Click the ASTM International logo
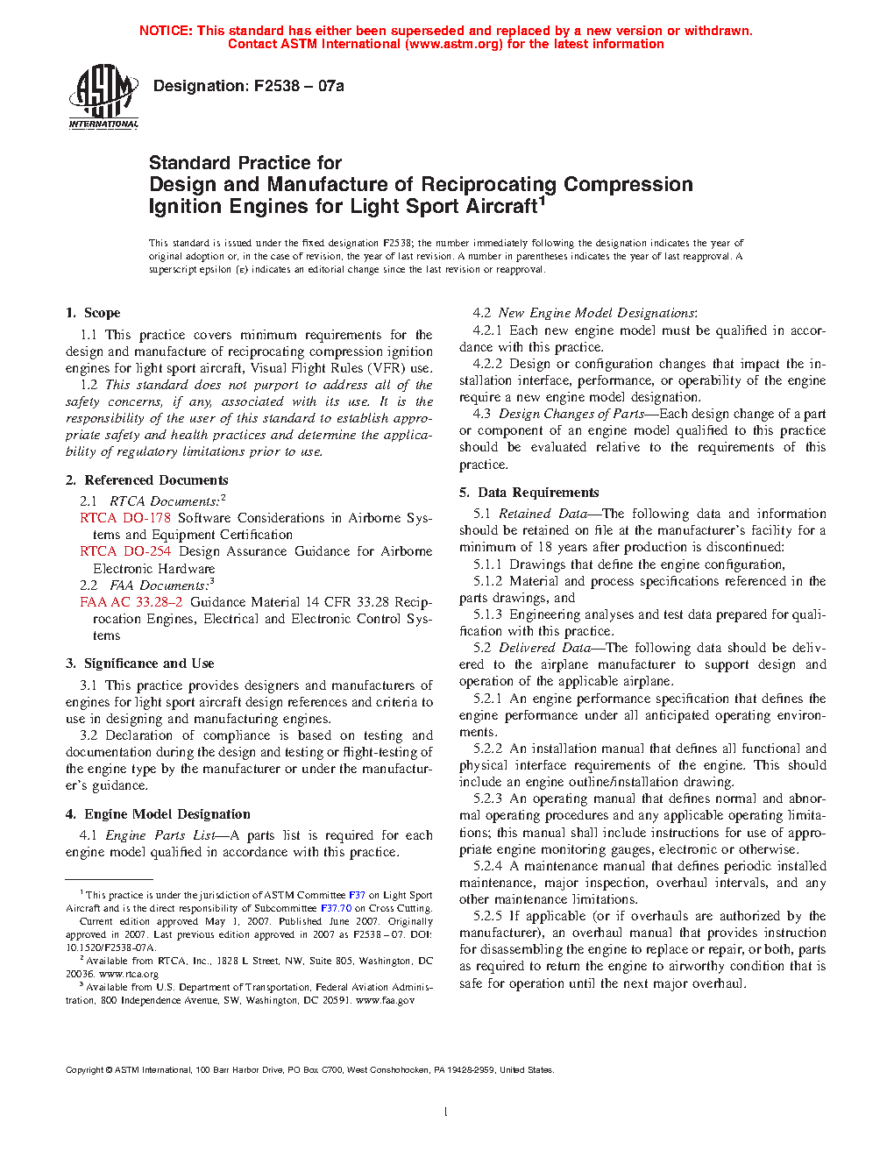coord(103,97)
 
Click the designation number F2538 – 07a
coord(299,86)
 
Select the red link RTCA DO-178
coord(125,518)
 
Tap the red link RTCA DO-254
coord(125,551)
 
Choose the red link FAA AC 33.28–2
coord(131,602)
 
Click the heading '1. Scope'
coord(93,313)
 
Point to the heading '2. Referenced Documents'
coord(146,480)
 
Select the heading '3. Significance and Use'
coord(139,664)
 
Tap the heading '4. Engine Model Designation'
coord(158,814)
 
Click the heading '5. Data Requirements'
coord(529,493)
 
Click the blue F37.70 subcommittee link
coord(336,908)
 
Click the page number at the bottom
coord(446,1112)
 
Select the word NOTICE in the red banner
coord(166,31)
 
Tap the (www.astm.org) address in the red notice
coord(454,44)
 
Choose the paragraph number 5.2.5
coord(488,916)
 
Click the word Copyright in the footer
coord(85,1069)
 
